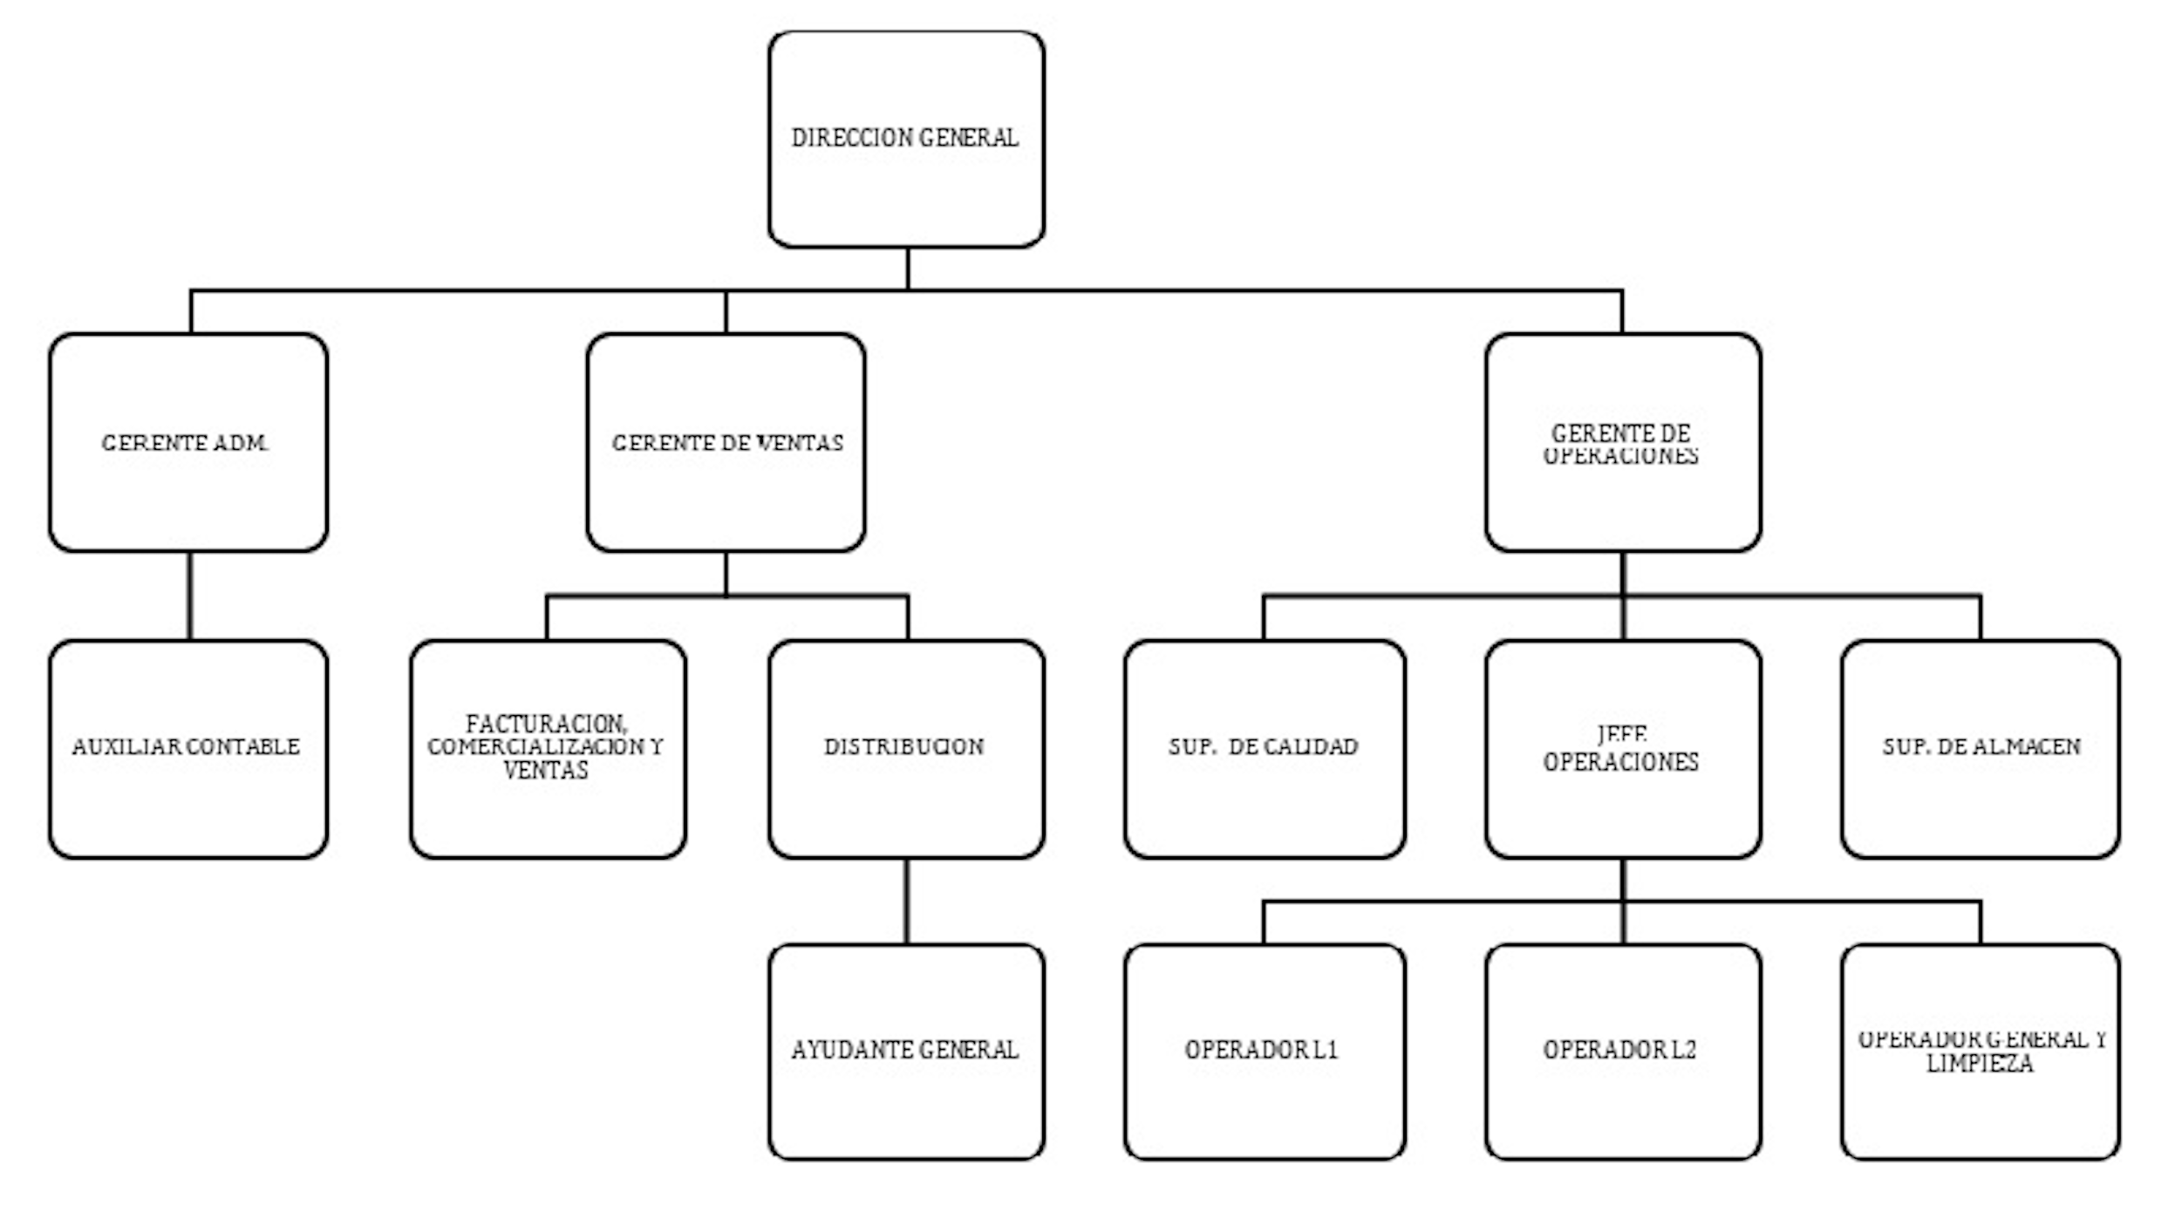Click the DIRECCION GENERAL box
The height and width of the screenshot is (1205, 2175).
point(906,140)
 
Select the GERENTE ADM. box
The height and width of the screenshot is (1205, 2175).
point(188,442)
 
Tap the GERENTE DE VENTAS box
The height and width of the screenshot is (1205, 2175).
point(726,442)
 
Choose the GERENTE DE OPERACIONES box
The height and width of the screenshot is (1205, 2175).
point(1622,442)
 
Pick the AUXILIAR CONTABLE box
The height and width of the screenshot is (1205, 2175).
point(188,749)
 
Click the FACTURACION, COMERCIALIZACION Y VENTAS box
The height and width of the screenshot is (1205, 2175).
point(548,749)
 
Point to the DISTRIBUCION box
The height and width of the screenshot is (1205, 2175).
point(906,749)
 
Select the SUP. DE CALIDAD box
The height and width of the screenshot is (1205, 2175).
point(1265,749)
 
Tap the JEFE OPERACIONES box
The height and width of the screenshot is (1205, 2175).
point(1622,749)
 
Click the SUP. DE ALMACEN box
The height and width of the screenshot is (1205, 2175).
point(1981,749)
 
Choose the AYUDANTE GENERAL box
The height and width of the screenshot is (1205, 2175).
point(906,1052)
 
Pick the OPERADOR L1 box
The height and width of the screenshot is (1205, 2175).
point(1265,1052)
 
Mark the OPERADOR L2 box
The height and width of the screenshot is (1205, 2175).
point(1622,1052)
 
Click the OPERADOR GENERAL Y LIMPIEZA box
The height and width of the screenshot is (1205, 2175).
point(1981,1052)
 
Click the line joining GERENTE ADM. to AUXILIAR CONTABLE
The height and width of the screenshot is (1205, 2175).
point(190,596)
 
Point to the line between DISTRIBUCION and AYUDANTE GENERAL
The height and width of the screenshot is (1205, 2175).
point(907,902)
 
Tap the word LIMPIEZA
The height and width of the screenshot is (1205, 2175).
point(1980,1064)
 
